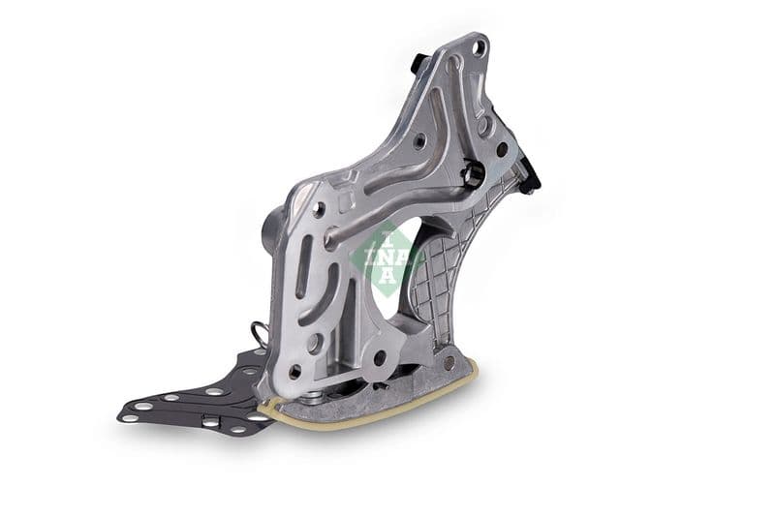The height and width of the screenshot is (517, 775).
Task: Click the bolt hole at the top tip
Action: click(x=477, y=46)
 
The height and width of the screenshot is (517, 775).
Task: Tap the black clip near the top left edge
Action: click(x=417, y=63)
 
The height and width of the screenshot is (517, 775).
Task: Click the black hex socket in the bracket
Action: click(x=475, y=174)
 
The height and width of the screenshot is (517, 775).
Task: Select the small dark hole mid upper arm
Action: click(x=418, y=140)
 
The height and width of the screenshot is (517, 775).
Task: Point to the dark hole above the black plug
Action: click(x=502, y=150)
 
